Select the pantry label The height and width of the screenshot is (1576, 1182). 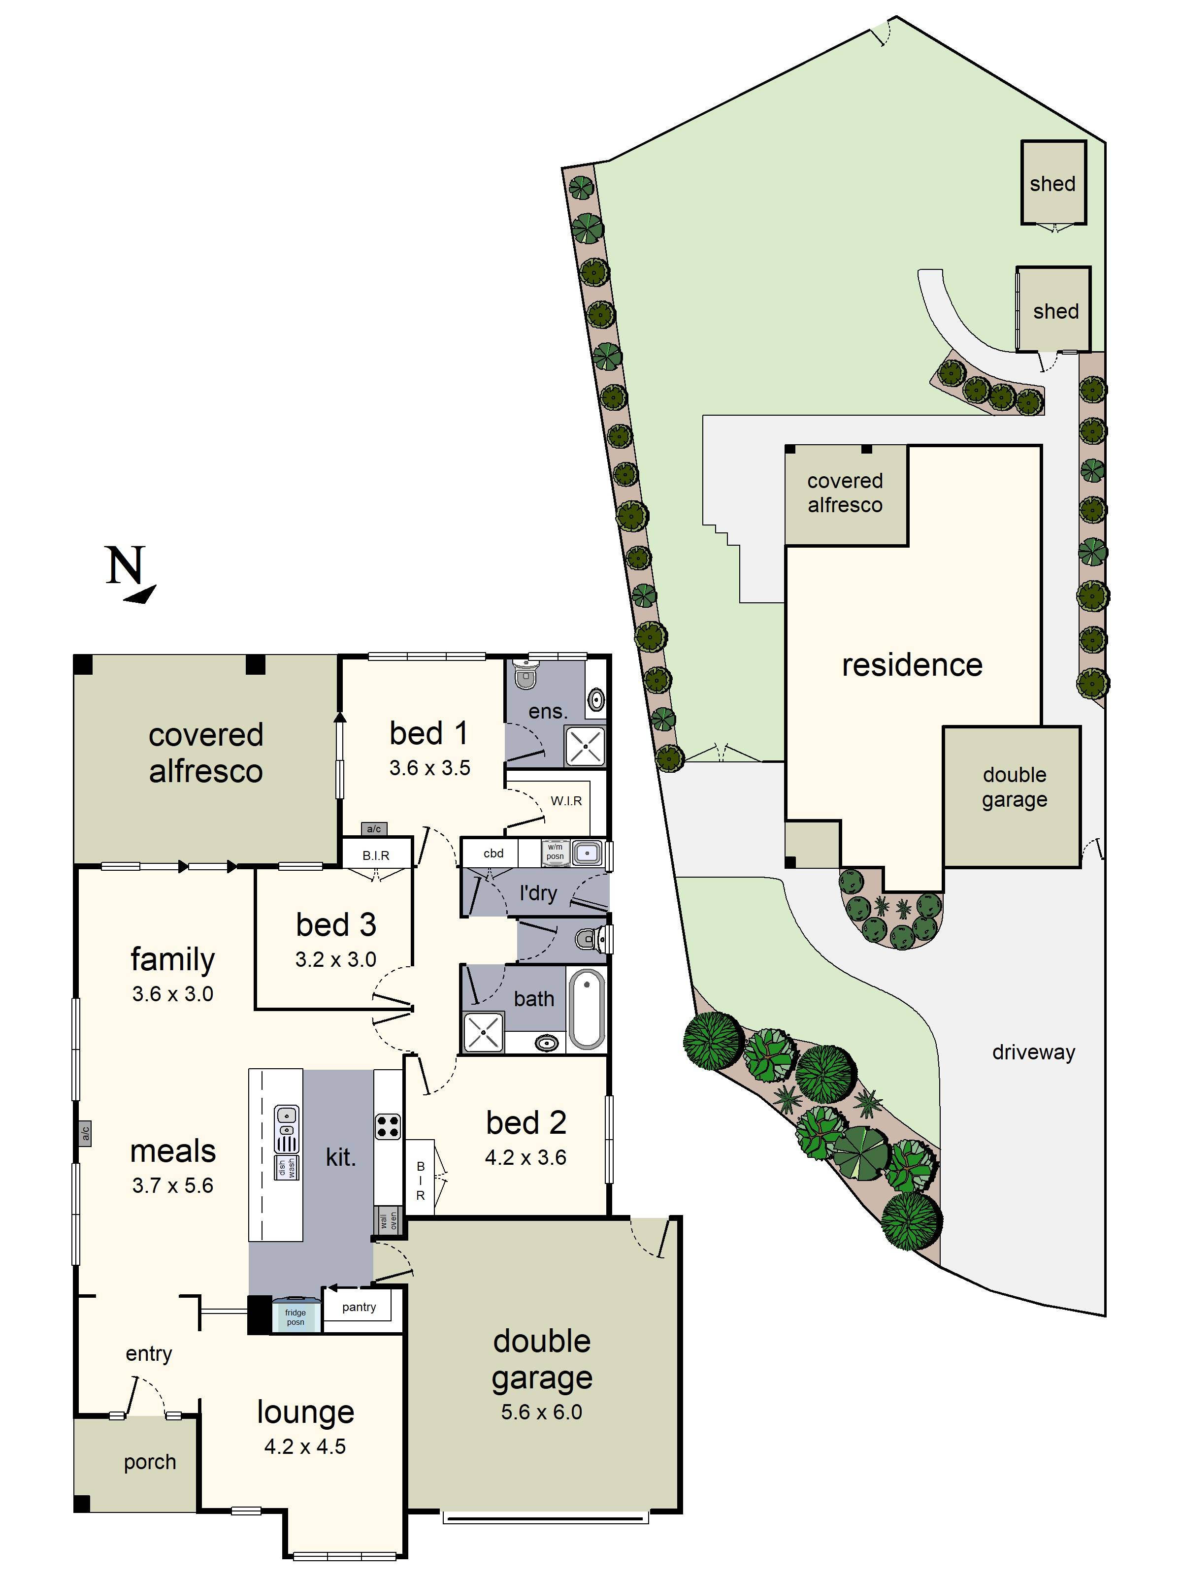(x=359, y=1307)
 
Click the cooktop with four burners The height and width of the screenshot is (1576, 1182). (x=388, y=1126)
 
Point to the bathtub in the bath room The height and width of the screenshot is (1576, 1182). (x=587, y=1010)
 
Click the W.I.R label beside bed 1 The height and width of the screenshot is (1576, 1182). (x=566, y=801)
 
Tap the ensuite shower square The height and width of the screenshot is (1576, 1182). (x=585, y=746)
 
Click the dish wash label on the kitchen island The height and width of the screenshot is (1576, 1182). (x=287, y=1168)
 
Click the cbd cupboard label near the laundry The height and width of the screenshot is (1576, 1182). (x=493, y=853)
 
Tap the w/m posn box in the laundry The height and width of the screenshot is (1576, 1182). (x=555, y=852)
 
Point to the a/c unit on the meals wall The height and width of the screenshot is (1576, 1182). (x=85, y=1132)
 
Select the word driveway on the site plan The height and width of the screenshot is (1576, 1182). (x=1033, y=1051)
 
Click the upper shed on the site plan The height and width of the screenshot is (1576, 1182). (x=1052, y=183)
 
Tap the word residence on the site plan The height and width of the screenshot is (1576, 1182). (x=912, y=665)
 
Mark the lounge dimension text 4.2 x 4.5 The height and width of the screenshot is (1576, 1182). (x=305, y=1446)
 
